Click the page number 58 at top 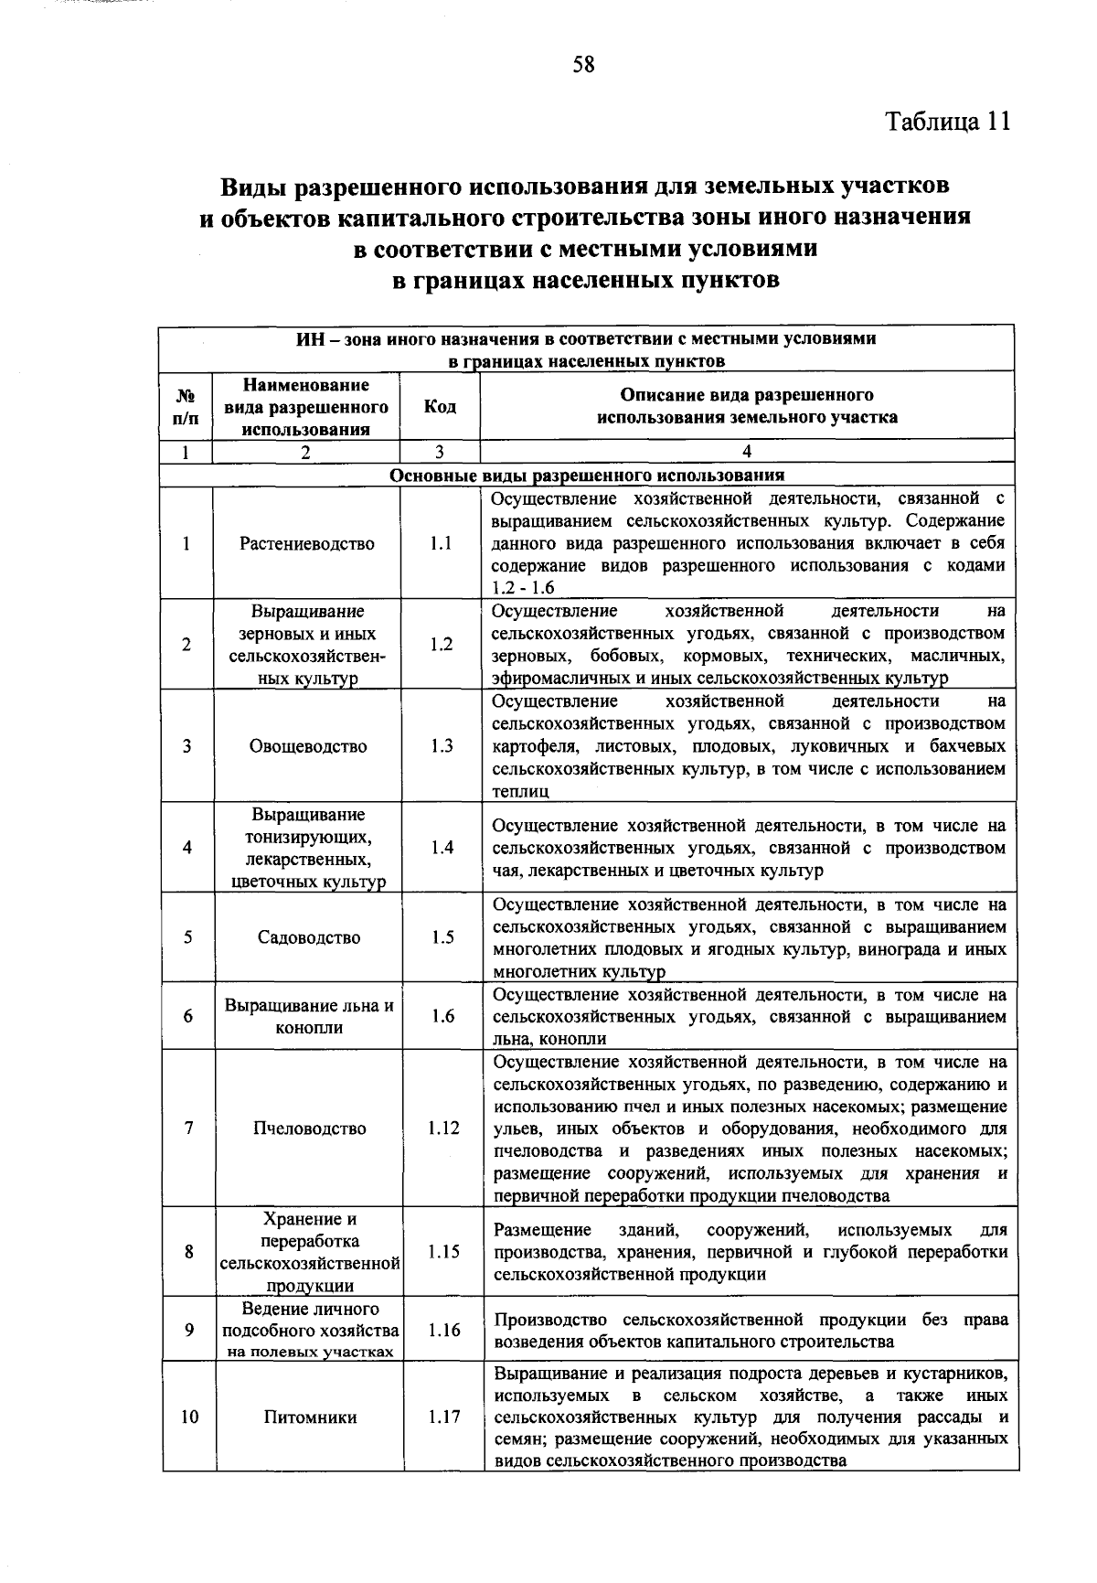tap(584, 64)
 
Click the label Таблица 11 tap(947, 123)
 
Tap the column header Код tap(440, 406)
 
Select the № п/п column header tap(186, 407)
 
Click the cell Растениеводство tap(307, 544)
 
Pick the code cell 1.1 tap(441, 544)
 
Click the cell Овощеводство tap(308, 746)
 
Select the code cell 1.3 tap(442, 746)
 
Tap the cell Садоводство tap(309, 937)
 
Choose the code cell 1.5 tap(442, 937)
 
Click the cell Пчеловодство tap(309, 1128)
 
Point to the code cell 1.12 tap(443, 1128)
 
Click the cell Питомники tap(310, 1417)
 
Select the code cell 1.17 tap(444, 1417)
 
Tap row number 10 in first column tap(189, 1417)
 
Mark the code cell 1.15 tap(443, 1252)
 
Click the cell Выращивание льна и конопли tap(309, 1016)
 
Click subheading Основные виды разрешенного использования tap(587, 476)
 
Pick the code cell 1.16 tap(443, 1331)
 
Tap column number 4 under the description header tap(747, 452)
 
